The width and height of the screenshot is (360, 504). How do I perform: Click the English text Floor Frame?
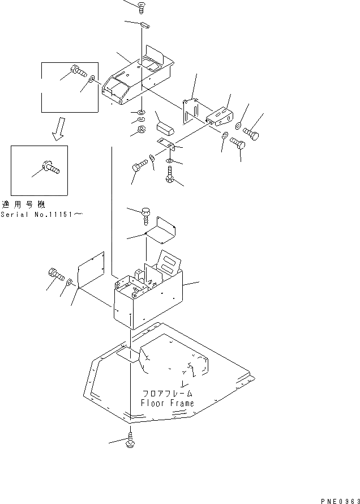coord(167,403)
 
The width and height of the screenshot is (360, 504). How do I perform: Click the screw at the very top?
coord(140,7)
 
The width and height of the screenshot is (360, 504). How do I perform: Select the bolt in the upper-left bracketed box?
coord(78,72)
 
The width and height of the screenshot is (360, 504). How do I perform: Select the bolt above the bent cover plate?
coord(146,213)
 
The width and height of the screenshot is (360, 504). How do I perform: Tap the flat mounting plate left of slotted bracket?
coord(191,110)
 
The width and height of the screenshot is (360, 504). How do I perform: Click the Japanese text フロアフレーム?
coord(168,392)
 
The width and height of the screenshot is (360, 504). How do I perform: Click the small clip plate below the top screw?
coord(144,24)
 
